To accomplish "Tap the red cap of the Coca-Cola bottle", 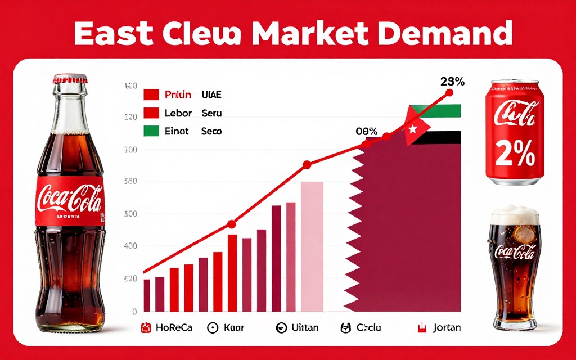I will [71, 79].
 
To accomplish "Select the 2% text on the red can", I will [515, 153].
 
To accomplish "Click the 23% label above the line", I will [452, 81].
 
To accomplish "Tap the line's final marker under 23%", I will [449, 92].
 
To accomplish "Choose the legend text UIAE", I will [211, 95].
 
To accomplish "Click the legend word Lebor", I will [178, 113].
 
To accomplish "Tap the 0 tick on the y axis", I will [134, 311].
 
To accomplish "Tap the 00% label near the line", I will [366, 132].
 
